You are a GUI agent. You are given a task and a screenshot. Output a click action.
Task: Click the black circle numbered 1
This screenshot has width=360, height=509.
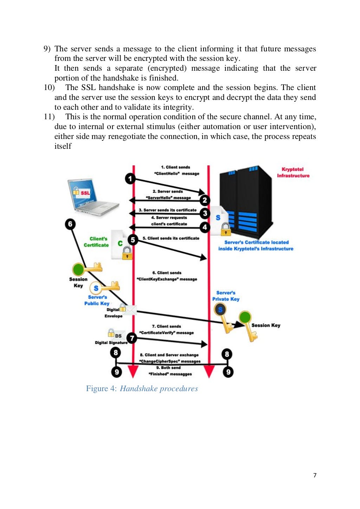point(130,179)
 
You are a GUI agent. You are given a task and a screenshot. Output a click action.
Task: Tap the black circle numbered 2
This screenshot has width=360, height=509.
point(205,201)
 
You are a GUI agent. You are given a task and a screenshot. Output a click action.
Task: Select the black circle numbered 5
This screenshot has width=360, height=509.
point(133,240)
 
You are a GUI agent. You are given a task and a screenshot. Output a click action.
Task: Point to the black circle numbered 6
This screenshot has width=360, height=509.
point(70,224)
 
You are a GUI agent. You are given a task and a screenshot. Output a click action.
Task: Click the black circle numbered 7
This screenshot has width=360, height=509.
point(132,338)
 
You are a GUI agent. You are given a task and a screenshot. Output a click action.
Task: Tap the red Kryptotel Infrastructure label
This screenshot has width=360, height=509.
point(293,172)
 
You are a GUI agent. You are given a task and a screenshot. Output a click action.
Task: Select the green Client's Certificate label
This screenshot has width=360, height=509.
point(97,242)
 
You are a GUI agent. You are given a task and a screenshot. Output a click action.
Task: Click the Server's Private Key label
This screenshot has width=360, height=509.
point(226,296)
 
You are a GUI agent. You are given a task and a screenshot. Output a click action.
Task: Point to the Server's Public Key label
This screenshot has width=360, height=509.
point(97,300)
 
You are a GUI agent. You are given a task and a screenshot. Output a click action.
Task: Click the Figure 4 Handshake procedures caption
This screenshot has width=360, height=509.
point(142,389)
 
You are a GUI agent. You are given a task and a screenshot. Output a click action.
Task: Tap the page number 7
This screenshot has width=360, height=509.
point(315,475)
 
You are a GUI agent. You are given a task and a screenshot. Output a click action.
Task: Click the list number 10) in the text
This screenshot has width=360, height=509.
point(49,88)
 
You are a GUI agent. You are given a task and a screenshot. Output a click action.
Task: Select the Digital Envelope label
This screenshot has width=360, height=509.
point(114,313)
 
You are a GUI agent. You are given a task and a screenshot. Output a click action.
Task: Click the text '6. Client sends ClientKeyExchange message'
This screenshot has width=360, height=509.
point(167,276)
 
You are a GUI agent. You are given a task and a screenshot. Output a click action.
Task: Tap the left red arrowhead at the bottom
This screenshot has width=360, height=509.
point(133,371)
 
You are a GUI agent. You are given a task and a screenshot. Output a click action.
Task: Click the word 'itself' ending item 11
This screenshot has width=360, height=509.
point(63,146)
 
